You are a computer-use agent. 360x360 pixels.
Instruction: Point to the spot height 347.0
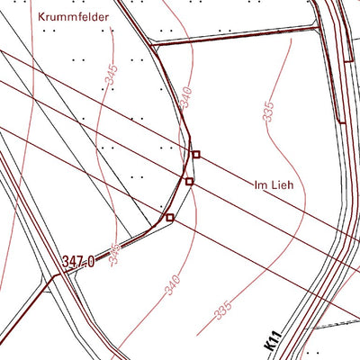point(79,261)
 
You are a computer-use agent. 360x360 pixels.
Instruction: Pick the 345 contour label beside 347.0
point(115,252)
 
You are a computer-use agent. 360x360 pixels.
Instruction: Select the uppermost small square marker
point(195,155)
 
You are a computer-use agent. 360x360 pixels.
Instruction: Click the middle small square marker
point(189,182)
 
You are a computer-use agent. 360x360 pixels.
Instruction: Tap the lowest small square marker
point(168,217)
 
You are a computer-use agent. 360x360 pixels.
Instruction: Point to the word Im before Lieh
point(261,186)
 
